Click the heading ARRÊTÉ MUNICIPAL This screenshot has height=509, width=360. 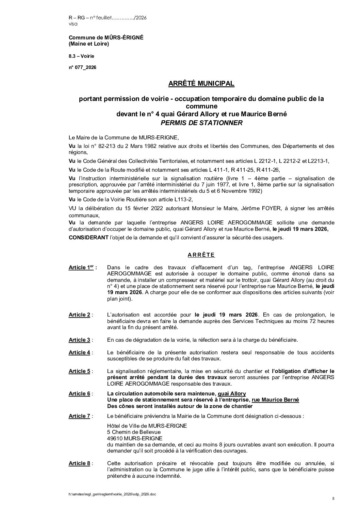pos(201,83)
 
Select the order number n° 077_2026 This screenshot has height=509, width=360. pos(82,67)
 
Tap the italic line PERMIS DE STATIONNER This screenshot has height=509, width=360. pos(201,123)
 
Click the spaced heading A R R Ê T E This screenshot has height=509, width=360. pos(201,255)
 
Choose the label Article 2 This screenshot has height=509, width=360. pos(79,315)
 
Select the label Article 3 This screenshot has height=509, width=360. pos(79,340)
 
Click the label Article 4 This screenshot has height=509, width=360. pos(79,353)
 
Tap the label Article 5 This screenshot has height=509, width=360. pos(79,371)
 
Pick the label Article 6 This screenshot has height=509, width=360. pos(79,394)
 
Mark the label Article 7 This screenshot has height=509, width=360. pos(79,416)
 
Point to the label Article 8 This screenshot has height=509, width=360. pos(79,463)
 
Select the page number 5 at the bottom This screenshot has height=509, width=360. pos(333,498)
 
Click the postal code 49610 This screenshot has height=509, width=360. pos(114,438)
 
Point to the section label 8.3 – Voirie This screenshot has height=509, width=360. pos(81,56)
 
